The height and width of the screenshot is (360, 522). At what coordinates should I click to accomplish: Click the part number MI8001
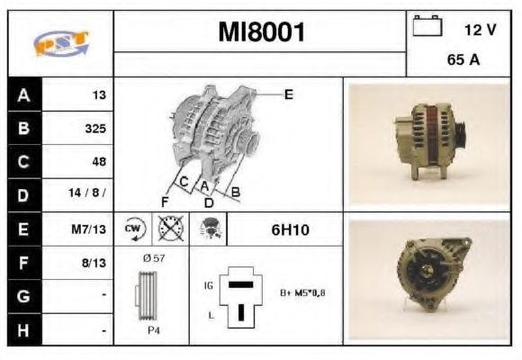261,33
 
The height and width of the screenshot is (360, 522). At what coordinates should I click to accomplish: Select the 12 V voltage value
480,30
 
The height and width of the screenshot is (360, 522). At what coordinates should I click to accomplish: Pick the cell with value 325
94,128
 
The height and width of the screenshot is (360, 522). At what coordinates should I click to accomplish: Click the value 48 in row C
99,161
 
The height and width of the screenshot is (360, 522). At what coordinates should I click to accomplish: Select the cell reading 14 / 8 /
90,194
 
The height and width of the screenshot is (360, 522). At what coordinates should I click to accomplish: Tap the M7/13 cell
90,229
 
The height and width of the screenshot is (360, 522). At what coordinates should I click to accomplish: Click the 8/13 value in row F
94,263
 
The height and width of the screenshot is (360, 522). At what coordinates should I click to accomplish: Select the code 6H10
290,230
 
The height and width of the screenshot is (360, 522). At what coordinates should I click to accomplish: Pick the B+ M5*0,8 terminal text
304,292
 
